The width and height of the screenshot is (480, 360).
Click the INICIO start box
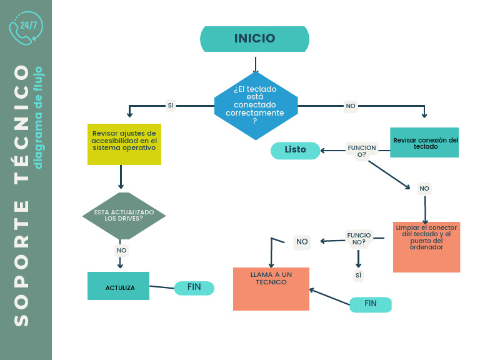(x=255, y=39)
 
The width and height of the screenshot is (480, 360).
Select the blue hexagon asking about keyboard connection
(x=256, y=106)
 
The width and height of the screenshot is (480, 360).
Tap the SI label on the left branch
(x=171, y=106)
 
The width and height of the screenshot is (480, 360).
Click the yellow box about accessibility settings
(x=124, y=144)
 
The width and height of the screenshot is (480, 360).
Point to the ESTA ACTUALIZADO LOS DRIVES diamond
(x=124, y=216)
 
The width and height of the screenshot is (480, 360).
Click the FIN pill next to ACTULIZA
(x=194, y=288)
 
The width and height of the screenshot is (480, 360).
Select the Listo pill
(x=295, y=150)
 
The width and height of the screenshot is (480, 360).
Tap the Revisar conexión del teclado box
(x=424, y=142)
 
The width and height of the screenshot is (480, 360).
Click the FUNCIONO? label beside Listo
(x=361, y=151)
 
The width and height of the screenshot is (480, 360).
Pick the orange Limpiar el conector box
(x=426, y=247)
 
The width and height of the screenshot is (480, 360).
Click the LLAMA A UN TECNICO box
(x=271, y=289)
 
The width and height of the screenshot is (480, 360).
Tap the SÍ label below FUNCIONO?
(x=358, y=275)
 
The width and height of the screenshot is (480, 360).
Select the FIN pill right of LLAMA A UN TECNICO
(x=371, y=304)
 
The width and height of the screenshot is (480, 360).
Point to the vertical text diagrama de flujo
(x=38, y=117)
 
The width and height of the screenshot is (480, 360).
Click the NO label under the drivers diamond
(x=121, y=251)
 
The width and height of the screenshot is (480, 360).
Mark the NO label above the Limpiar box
(x=424, y=189)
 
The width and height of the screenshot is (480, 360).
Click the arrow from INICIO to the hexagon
(x=256, y=64)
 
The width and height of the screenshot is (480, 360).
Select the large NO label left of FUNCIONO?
(x=302, y=242)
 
